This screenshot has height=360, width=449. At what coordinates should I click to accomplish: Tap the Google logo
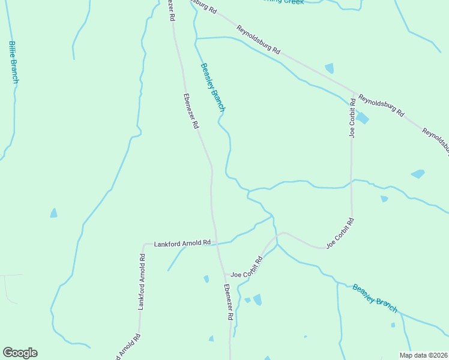tap(20, 353)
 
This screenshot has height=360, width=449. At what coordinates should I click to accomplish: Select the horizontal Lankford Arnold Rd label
tap(182, 244)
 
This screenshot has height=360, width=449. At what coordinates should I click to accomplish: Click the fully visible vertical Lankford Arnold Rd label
tap(142, 281)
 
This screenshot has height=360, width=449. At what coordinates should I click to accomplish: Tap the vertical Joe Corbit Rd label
tap(352, 120)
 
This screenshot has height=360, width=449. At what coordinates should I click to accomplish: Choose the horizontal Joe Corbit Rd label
tap(247, 267)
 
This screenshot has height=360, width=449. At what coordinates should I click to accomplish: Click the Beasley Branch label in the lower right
tap(375, 298)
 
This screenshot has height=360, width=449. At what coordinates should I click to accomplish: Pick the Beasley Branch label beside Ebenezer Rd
tap(212, 88)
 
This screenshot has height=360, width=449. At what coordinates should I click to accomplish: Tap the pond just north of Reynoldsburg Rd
tap(329, 68)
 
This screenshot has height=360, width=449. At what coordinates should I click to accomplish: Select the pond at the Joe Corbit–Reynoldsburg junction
tap(362, 118)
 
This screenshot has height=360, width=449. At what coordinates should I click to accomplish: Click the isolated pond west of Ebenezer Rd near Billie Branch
tap(54, 213)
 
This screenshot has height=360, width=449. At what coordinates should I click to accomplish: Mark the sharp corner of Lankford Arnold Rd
tap(143, 245)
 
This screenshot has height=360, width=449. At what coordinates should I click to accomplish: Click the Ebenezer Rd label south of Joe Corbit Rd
tap(229, 301)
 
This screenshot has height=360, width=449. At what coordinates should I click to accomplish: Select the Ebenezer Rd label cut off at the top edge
tap(171, 10)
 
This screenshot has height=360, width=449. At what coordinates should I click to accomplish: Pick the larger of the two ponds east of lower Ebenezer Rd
tap(258, 299)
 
